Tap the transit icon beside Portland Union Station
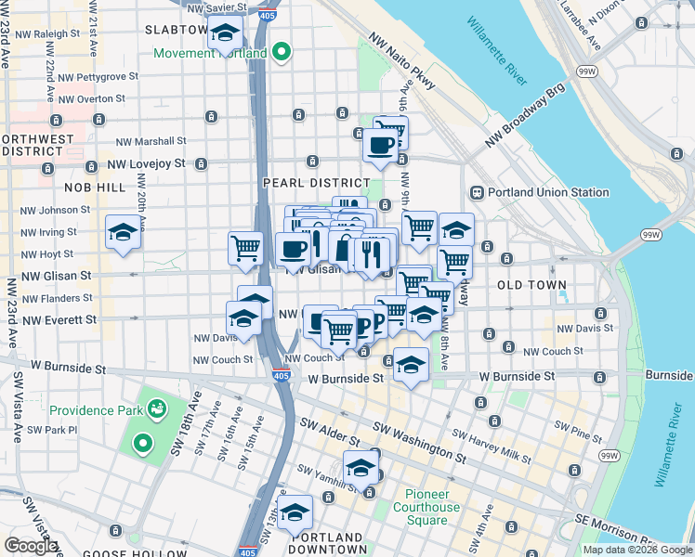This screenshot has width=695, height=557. pos(478,192)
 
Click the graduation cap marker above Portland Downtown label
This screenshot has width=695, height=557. pos(295,512)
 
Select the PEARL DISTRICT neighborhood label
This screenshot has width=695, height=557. pos(304,183)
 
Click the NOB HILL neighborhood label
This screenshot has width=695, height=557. pos(94,187)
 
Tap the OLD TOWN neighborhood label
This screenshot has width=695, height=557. pos(531,285)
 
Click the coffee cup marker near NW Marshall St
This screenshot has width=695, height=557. pos(380,145)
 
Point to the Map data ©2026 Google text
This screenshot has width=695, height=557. pos(636,550)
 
